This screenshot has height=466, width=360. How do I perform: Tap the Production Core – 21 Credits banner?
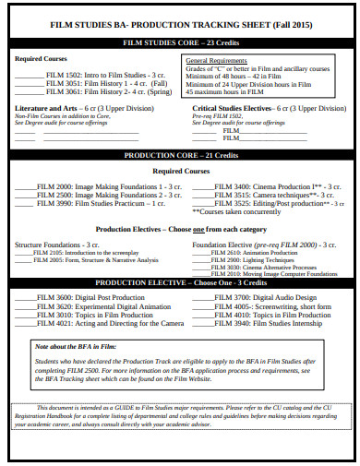(x=180, y=156)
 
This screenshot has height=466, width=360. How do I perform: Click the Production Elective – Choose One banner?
(x=181, y=282)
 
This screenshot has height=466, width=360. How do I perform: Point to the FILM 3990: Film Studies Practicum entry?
(x=102, y=203)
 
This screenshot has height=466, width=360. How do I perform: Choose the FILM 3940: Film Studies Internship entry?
(x=268, y=323)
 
